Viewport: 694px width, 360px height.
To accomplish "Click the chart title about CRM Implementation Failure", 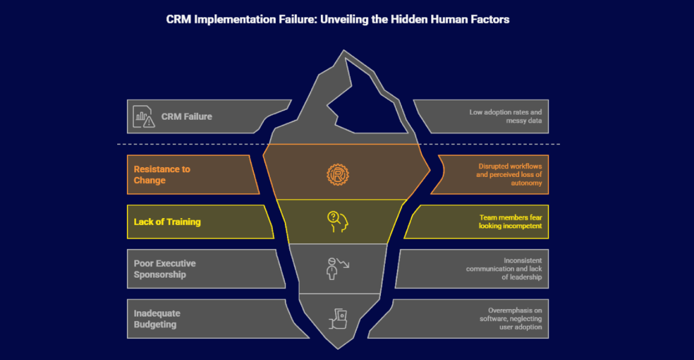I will click(x=338, y=20).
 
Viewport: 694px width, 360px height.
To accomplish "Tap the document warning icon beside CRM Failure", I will click(x=143, y=116).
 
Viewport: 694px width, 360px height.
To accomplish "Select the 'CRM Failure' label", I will click(x=187, y=117).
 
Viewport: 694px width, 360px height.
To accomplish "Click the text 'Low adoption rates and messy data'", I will click(x=505, y=116).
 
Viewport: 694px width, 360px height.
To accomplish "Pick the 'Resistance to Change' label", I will click(x=161, y=175).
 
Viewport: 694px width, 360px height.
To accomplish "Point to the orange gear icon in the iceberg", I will click(x=338, y=174).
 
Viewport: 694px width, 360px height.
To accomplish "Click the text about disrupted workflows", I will click(x=508, y=174).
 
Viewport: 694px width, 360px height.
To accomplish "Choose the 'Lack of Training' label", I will click(x=167, y=222).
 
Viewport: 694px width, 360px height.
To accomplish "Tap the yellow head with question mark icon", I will click(x=338, y=222).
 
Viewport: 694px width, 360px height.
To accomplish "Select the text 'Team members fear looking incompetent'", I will click(x=510, y=222).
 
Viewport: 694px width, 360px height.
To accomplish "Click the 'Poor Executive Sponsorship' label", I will click(x=165, y=269).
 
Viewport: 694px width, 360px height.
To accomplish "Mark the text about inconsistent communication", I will click(x=504, y=269).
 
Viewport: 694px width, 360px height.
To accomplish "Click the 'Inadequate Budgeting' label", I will click(x=157, y=319).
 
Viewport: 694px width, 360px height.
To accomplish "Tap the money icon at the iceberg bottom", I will click(x=338, y=318).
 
